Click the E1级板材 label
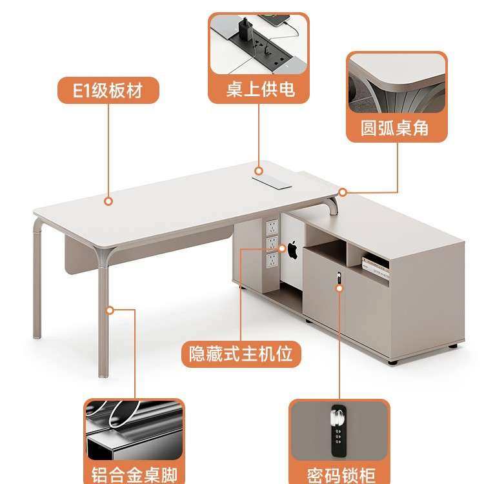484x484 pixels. click(108, 90)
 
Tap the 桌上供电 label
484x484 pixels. click(259, 89)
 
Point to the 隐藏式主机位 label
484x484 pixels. click(241, 353)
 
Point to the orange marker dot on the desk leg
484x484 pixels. click(110, 310)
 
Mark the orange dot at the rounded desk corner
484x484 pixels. click(343, 192)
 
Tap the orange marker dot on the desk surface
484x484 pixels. click(108, 201)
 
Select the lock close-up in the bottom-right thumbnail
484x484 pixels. click(339, 430)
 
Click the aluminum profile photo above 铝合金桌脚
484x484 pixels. click(134, 429)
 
